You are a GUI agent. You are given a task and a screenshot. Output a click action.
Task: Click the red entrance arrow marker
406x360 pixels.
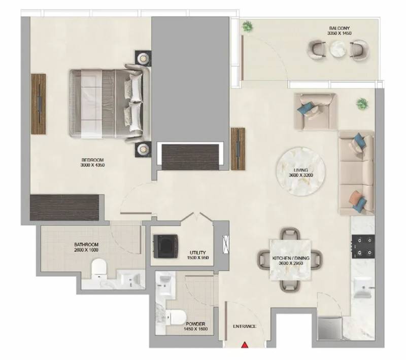[x=245, y=345]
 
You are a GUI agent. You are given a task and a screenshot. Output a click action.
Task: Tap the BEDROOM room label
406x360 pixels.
[x=93, y=160]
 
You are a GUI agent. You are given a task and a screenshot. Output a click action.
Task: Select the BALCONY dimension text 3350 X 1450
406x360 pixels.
[x=340, y=33]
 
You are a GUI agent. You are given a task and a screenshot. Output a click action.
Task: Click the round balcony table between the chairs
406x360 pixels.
[x=338, y=49]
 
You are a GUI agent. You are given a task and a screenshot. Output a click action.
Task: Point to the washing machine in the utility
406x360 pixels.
[x=166, y=246]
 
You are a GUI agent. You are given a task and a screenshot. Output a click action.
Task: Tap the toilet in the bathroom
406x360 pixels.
[x=99, y=268]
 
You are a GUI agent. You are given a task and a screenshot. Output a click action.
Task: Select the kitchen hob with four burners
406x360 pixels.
[x=363, y=247]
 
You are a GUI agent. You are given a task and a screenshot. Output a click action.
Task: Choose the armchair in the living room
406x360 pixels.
[x=315, y=112]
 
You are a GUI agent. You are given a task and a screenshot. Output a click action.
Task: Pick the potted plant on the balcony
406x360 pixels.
[x=248, y=26]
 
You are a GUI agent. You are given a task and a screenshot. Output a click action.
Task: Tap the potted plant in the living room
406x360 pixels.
[x=362, y=104]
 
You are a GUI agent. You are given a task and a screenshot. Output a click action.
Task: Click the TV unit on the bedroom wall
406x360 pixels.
[x=39, y=104]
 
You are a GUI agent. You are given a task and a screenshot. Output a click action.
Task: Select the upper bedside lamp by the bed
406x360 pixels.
[x=143, y=58]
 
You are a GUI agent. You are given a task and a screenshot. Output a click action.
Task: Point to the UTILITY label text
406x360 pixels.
[x=197, y=253]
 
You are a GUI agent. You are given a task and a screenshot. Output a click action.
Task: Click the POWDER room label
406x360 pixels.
[x=195, y=324]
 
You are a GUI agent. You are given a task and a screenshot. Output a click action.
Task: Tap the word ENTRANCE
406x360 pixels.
[x=245, y=327]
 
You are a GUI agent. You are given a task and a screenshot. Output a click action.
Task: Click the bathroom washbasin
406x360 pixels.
[x=129, y=279]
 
